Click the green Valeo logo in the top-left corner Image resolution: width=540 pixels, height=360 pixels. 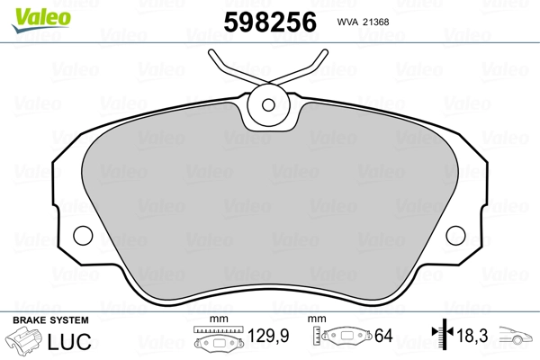33,11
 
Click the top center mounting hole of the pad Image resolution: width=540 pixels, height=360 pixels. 267,104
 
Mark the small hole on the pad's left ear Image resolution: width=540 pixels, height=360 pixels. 82,236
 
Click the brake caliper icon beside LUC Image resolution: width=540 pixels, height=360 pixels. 25,342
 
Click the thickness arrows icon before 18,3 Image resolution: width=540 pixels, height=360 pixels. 441,337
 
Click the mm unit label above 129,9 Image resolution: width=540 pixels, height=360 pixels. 216,319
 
